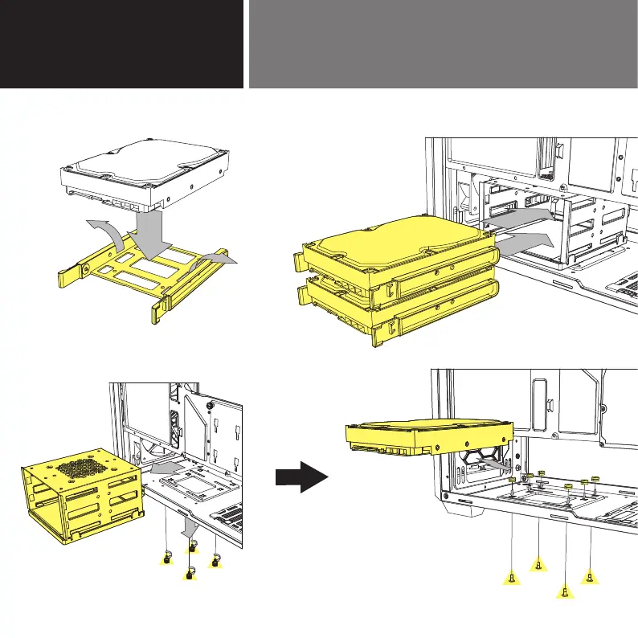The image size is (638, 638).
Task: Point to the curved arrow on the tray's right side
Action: point(215,259)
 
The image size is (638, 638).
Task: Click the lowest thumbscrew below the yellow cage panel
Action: point(190,574)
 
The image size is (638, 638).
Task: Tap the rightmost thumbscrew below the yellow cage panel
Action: point(215,561)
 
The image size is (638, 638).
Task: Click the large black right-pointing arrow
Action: point(301,480)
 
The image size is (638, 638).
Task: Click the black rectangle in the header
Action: point(121,43)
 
